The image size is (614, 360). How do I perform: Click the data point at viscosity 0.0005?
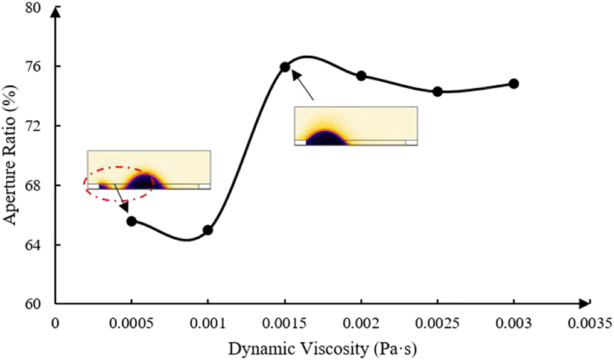132,221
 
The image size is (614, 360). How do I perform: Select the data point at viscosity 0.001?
208,230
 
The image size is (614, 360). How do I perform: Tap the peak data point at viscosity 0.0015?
285,67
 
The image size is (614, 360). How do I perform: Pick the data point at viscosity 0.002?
362,76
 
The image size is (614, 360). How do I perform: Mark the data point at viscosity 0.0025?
437,91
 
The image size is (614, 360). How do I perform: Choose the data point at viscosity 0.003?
514,83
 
